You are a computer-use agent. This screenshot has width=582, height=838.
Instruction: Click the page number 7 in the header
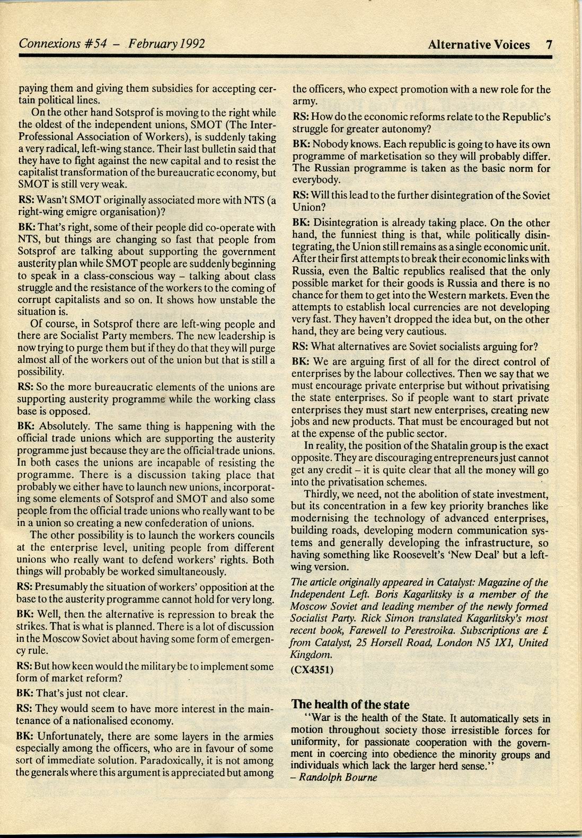point(549,45)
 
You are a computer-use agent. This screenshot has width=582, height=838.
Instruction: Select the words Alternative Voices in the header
point(479,45)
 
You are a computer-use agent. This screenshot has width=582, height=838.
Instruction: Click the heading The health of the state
point(350,704)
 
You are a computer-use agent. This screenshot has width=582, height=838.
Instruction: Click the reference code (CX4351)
point(312,669)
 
